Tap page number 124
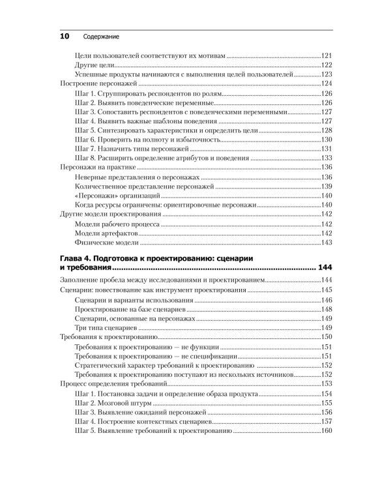pos(326,84)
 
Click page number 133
pos(326,158)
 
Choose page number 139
pos(326,186)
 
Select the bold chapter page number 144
pos(325,268)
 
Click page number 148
pos(326,309)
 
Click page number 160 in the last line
pos(326,431)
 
